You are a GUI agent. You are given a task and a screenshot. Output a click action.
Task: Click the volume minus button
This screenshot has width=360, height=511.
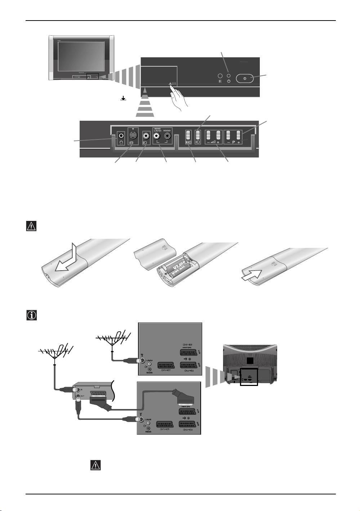(x=209, y=135)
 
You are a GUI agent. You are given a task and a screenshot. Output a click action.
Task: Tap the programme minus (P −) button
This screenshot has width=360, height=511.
(x=228, y=135)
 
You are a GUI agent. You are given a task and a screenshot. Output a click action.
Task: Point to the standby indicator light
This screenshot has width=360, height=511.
(x=229, y=76)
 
